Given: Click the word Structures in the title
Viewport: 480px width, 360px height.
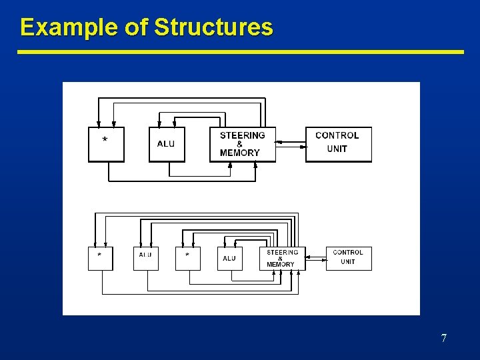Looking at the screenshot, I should (x=213, y=27).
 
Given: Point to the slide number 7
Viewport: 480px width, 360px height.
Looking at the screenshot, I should (x=444, y=339).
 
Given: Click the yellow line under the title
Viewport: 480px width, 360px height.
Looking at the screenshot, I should (x=240, y=51).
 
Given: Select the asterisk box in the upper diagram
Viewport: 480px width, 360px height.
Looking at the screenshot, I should (x=106, y=143).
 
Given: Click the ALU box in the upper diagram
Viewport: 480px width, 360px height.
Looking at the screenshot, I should (x=166, y=144).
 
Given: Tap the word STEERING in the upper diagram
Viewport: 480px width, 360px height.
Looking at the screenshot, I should (x=242, y=135).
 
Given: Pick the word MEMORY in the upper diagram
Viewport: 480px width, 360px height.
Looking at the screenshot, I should (x=240, y=153).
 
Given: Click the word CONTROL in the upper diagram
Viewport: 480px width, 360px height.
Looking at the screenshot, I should (x=337, y=135).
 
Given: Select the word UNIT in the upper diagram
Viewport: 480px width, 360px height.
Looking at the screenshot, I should (x=337, y=149).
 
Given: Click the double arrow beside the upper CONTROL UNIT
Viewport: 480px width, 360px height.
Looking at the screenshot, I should (x=290, y=142).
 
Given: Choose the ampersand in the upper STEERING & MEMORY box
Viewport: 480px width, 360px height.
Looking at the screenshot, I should (x=240, y=144).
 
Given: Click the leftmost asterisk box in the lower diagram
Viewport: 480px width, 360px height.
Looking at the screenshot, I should (x=100, y=258).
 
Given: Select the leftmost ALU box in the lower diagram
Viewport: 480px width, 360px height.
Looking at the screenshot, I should (x=145, y=258).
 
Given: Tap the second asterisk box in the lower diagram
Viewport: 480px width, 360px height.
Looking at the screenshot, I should (x=187, y=258).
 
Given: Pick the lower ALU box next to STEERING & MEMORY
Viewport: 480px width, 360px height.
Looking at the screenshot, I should (x=229, y=259).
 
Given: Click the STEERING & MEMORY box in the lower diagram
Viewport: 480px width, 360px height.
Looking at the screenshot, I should (x=282, y=259).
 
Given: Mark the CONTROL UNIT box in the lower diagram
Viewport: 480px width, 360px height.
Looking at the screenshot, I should (x=348, y=257).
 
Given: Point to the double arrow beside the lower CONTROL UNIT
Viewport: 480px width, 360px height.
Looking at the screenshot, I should (x=315, y=257).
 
